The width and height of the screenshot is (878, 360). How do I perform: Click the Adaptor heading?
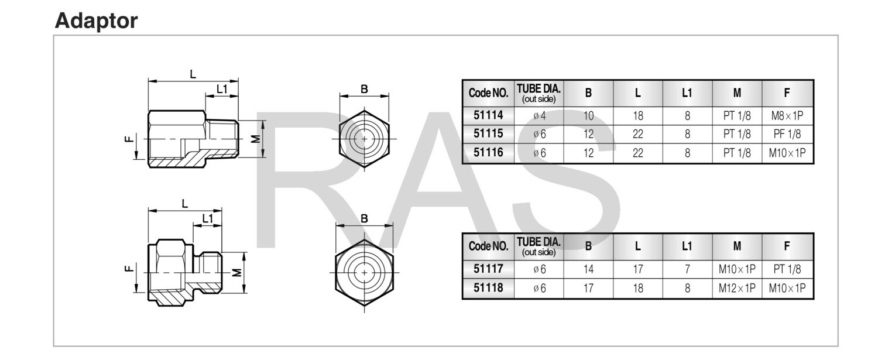[96, 20]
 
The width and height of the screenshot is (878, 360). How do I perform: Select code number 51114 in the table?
[488, 115]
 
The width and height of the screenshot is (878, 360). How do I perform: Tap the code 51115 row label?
[488, 134]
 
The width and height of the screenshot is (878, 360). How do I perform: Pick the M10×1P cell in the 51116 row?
[787, 153]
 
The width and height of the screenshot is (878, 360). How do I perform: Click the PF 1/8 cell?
[787, 134]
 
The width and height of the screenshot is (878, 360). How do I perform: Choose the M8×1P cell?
[787, 115]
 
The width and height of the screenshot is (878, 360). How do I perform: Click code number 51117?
[488, 269]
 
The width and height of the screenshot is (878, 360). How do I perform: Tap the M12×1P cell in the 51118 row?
[737, 288]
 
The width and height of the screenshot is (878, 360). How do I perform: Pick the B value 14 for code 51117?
[588, 269]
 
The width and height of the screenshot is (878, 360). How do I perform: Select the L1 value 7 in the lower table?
[687, 269]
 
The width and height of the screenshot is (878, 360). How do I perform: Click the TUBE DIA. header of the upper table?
[539, 92]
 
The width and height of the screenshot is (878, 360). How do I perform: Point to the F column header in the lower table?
[787, 246]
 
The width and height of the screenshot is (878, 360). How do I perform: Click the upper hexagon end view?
[364, 139]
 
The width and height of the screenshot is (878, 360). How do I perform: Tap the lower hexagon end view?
[364, 273]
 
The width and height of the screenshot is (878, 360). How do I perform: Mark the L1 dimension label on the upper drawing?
[221, 89]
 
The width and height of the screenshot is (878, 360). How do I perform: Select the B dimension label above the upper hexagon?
[364, 89]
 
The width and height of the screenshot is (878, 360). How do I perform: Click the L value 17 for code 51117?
[638, 269]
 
